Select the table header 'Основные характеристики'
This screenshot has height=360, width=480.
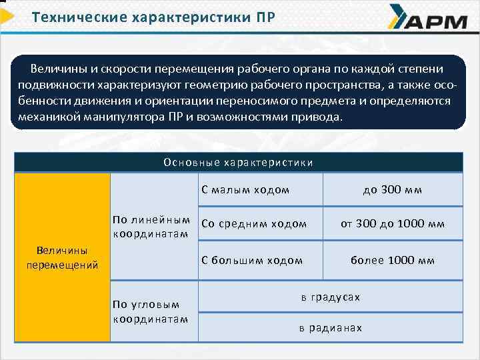click(x=238, y=162)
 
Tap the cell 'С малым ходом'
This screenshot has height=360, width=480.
click(x=245, y=190)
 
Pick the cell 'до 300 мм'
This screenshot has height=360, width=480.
click(x=393, y=190)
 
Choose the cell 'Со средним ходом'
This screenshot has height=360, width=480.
click(x=254, y=224)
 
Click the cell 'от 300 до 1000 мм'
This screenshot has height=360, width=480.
click(x=393, y=224)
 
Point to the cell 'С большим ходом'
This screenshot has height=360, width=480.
click(x=252, y=260)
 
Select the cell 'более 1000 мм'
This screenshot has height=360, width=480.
click(x=393, y=260)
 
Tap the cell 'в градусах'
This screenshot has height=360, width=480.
click(x=331, y=297)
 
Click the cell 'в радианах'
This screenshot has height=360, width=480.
click(x=331, y=327)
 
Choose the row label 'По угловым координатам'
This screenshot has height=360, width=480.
click(x=151, y=311)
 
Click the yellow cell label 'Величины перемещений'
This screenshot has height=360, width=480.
click(x=62, y=257)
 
